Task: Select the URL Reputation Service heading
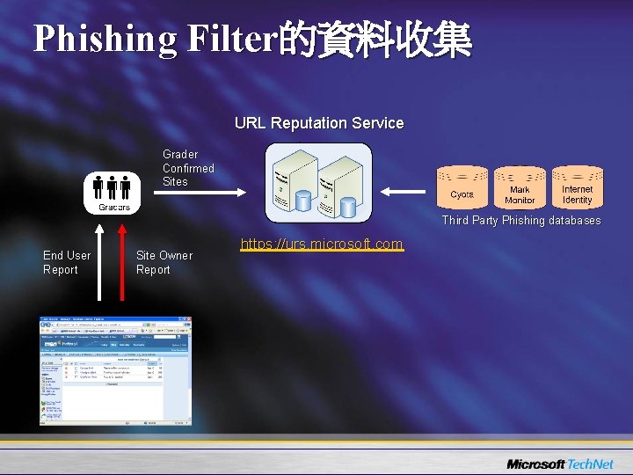pyautogui.click(x=319, y=124)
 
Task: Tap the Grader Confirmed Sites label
pyautogui.click(x=188, y=168)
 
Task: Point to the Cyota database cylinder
pyautogui.click(x=462, y=189)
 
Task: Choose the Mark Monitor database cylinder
pyautogui.click(x=520, y=189)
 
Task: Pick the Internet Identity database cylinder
pyautogui.click(x=578, y=189)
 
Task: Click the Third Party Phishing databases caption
pyautogui.click(x=521, y=221)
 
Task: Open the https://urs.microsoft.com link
pyautogui.click(x=321, y=244)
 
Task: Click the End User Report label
pyautogui.click(x=67, y=262)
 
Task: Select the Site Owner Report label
pyautogui.click(x=164, y=262)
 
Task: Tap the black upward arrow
pyautogui.click(x=100, y=264)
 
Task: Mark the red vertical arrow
pyautogui.click(x=122, y=264)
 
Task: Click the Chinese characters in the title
pyautogui.click(x=375, y=40)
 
